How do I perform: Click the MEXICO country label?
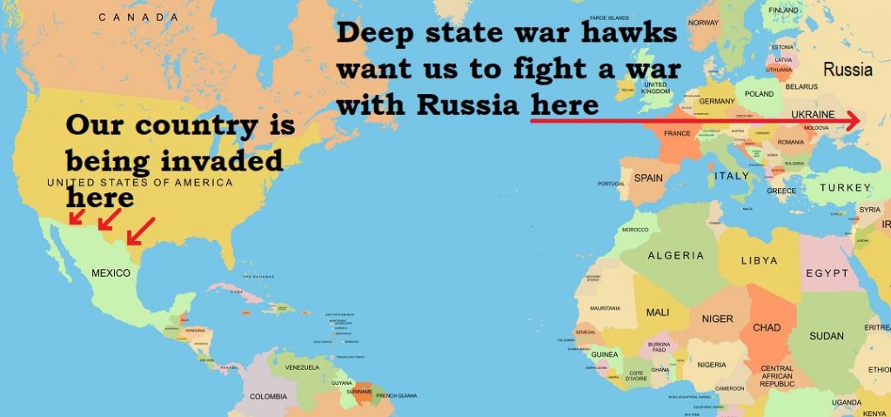(111, 273)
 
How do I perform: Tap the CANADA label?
(139, 17)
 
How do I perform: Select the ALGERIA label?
(675, 255)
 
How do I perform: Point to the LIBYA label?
(759, 260)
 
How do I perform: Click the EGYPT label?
(827, 273)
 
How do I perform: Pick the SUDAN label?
(826, 336)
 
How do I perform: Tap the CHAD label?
(766, 328)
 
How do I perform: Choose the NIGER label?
(717, 319)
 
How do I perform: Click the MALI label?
(658, 313)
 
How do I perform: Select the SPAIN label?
(648, 178)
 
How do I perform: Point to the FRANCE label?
(677, 134)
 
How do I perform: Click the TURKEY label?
(843, 187)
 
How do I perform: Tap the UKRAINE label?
(812, 115)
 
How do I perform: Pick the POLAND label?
(759, 93)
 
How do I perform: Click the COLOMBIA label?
(268, 397)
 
